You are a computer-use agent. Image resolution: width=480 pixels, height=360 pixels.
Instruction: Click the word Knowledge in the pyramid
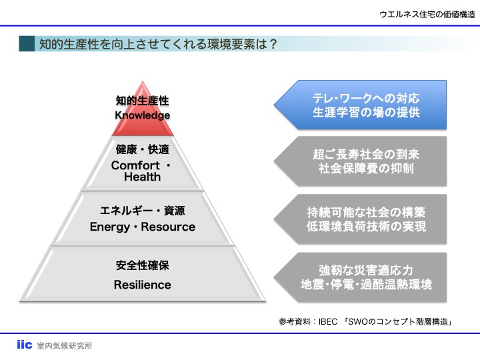[x=143, y=115]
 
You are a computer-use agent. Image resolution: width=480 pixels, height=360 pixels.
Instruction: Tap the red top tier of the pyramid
[x=143, y=123]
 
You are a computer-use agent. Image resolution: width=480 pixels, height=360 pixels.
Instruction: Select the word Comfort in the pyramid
[x=135, y=165]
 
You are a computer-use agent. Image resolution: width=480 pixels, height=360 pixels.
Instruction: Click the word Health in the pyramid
[x=143, y=177]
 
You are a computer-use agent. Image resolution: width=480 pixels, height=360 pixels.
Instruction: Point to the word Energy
[x=110, y=227]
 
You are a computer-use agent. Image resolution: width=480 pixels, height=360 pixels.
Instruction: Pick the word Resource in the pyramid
[x=168, y=227]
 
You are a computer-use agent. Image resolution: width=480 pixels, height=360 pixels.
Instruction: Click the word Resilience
[x=143, y=285]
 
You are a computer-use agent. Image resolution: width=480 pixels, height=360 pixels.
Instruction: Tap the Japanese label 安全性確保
[x=143, y=265]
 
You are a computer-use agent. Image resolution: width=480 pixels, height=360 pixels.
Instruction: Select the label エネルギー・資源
[x=143, y=211]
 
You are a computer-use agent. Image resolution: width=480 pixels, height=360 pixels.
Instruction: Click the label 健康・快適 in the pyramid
[x=143, y=149]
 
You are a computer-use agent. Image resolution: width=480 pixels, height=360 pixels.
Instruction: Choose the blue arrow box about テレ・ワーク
[x=360, y=105]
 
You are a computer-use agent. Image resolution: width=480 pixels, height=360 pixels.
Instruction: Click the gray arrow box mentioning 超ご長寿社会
[x=360, y=161]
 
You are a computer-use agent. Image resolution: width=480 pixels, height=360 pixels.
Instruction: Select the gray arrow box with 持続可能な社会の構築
[x=360, y=219]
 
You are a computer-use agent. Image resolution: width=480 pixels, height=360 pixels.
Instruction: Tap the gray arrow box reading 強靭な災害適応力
[x=360, y=277]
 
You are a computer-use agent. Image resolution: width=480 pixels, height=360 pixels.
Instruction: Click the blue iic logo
[x=25, y=345]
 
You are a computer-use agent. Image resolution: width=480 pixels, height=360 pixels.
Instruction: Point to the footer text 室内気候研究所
[x=65, y=346]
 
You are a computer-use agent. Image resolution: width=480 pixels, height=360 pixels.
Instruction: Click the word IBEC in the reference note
[x=328, y=322]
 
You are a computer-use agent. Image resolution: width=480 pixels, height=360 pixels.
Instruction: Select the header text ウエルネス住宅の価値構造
[x=427, y=15]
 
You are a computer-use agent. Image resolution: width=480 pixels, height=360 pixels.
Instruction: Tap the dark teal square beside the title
[x=27, y=43]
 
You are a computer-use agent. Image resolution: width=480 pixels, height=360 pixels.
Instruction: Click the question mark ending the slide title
[x=273, y=44]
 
